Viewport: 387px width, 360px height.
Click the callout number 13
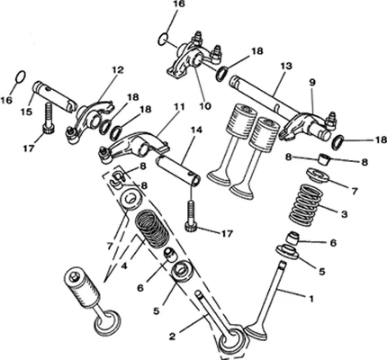286,66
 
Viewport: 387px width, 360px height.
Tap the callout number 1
311,299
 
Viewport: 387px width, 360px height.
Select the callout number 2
172,337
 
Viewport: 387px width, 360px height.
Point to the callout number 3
344,214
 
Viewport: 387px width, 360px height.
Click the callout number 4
124,265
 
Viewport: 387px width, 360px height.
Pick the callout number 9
312,83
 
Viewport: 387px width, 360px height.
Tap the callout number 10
206,105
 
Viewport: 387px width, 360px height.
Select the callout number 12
118,70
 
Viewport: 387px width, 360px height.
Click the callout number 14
196,130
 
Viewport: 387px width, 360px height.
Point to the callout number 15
26,112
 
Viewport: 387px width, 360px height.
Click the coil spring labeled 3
306,206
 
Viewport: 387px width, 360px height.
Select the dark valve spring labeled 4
152,228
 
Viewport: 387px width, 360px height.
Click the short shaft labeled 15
55,96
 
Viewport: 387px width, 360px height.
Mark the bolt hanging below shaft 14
191,217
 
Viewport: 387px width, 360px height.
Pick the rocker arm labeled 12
90,121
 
